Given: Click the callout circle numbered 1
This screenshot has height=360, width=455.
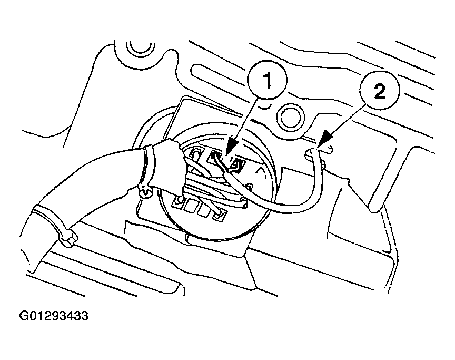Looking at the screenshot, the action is pos(267,80).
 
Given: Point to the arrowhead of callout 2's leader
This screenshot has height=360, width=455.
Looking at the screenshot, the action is pos(325,139).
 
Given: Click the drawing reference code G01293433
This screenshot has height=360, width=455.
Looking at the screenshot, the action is pos(54,316).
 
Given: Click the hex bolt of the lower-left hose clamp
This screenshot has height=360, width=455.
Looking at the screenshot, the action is pos(68,239).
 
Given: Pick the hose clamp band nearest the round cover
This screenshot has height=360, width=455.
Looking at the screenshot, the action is pos(149,168).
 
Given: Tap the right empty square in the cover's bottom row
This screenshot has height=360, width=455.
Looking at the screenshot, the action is pos(203,210).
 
